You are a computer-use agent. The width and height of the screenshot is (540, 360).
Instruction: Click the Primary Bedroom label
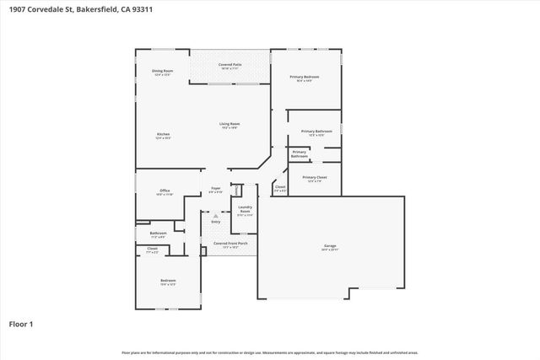pos(305,78)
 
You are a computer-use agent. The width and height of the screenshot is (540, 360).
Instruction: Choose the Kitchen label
pos(163,136)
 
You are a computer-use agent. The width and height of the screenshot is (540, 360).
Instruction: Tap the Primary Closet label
pos(314,179)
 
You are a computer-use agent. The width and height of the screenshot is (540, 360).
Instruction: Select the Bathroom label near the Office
pos(158,234)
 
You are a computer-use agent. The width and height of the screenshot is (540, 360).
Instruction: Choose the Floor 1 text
pos(21,324)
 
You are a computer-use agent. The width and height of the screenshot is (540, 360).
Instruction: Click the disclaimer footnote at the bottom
pos(270,352)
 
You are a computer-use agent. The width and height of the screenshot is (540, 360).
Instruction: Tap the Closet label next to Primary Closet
pos(280,189)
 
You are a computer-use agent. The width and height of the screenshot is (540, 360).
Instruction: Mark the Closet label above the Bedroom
pos(153,250)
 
